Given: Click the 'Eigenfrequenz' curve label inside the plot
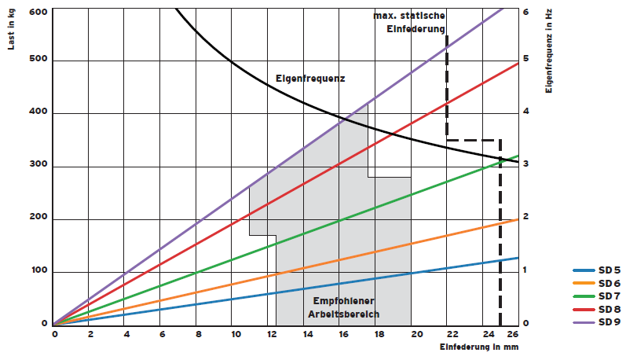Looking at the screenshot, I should point(310,79).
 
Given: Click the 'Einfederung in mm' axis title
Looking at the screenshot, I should point(479,347).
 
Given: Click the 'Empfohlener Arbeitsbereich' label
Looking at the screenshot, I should point(343,309).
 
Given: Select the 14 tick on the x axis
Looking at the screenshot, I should point(306,334).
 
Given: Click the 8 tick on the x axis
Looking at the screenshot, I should point(198,334).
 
